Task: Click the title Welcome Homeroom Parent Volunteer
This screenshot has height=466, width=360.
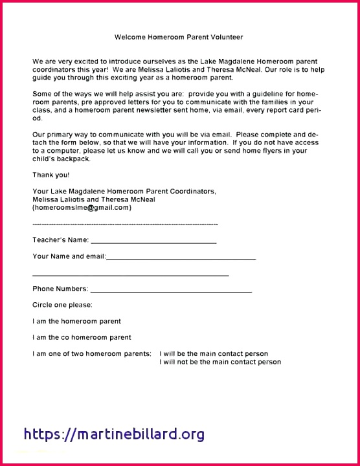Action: pos(179,38)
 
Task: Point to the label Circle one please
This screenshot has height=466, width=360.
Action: pos(62,304)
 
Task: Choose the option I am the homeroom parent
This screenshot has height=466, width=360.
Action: pos(76,321)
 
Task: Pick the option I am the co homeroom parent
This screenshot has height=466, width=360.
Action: pos(82,337)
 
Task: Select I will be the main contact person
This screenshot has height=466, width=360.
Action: pos(214,354)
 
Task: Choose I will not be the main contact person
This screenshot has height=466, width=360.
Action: pos(220,362)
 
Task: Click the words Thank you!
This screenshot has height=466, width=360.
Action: pos(51,175)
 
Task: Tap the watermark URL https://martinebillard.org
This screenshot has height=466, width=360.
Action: pos(114,434)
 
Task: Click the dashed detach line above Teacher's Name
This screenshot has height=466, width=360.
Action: pos(125,224)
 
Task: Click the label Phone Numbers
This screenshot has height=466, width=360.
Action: pos(60,289)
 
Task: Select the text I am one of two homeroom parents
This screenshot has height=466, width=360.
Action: pos(92,354)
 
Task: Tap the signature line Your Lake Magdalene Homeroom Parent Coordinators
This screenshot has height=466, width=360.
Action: pos(124,192)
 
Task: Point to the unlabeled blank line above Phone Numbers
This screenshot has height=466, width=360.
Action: pos(130,274)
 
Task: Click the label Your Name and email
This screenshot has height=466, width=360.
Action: pos(69,256)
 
